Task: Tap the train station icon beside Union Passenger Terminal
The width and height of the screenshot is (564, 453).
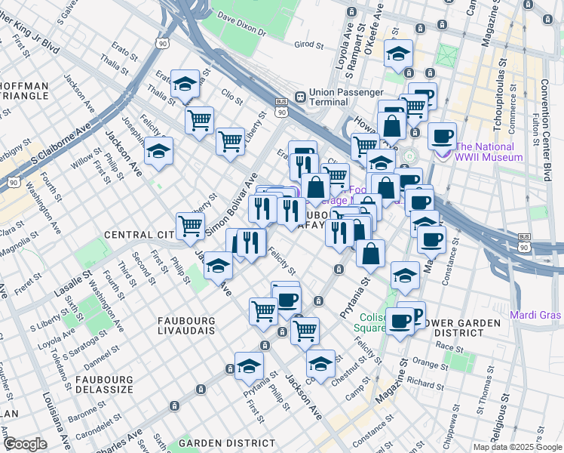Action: [x=299, y=97]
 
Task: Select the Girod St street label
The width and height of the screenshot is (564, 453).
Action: [x=308, y=45]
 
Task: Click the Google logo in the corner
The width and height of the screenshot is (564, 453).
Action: [x=25, y=444]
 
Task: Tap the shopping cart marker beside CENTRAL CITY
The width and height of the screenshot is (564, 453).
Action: [x=190, y=224]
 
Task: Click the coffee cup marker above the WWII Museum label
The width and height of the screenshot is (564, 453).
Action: [x=442, y=136]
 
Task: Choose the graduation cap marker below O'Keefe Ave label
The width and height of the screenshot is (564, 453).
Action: [x=397, y=54]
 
